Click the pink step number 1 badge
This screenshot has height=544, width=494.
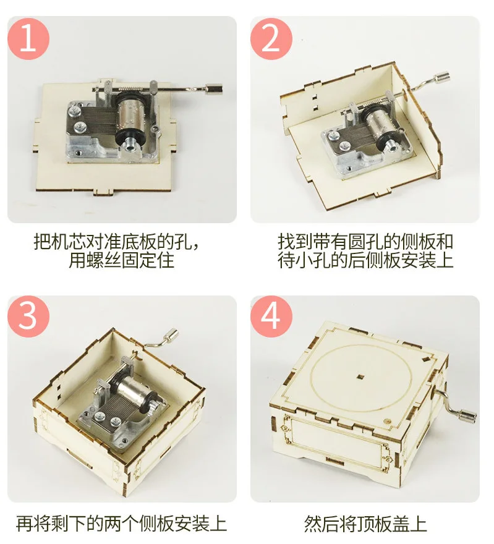28,39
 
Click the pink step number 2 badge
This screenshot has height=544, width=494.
271,39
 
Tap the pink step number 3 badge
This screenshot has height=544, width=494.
28,317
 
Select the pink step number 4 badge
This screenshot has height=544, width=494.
271,317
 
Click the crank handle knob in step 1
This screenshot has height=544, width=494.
213,89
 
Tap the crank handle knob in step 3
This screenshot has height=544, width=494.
171,336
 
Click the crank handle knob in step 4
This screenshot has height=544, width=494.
466,416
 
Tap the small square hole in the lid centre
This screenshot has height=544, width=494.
361,376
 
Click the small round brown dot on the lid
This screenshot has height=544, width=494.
387,421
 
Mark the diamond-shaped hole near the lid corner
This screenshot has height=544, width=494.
426,359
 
